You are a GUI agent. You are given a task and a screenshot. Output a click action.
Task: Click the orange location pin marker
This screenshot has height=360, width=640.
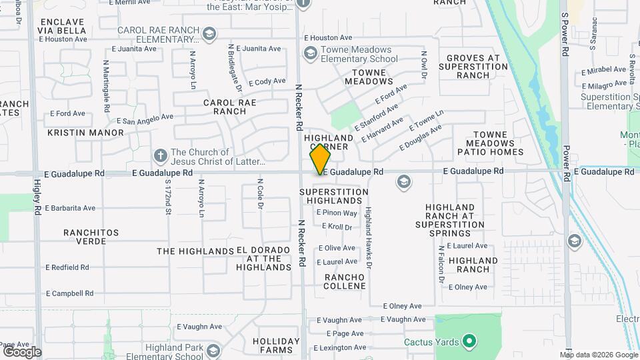(320, 159)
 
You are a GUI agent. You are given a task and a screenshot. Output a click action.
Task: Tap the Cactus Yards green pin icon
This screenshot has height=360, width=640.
(469, 342)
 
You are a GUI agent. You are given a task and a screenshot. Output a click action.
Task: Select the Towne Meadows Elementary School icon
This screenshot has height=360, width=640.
(309, 53)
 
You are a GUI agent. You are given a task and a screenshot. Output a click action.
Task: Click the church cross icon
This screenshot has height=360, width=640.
(160, 156)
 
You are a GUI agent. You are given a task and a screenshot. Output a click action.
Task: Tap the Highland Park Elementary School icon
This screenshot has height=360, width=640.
(213, 351)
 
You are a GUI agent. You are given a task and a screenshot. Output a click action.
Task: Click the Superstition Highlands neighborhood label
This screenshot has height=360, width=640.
(334, 196)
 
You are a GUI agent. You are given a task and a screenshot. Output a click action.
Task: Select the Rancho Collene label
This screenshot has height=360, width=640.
(345, 281)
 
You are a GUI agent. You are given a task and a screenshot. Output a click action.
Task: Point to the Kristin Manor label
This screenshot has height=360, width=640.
(85, 133)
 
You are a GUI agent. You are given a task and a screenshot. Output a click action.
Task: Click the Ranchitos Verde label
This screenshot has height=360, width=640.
(91, 237)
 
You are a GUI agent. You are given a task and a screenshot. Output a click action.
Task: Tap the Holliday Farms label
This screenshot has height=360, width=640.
(272, 345)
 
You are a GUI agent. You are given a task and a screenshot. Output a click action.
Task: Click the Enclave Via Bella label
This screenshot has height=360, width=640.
(63, 26)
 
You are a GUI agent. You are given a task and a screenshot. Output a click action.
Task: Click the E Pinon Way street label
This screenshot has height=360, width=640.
(337, 213)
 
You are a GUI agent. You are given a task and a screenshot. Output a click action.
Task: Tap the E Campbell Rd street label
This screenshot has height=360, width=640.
(69, 293)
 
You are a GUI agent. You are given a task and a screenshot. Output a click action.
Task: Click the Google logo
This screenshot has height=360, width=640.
(22, 351)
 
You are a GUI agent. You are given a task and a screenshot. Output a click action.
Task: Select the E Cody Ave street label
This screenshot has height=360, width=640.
(267, 82)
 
